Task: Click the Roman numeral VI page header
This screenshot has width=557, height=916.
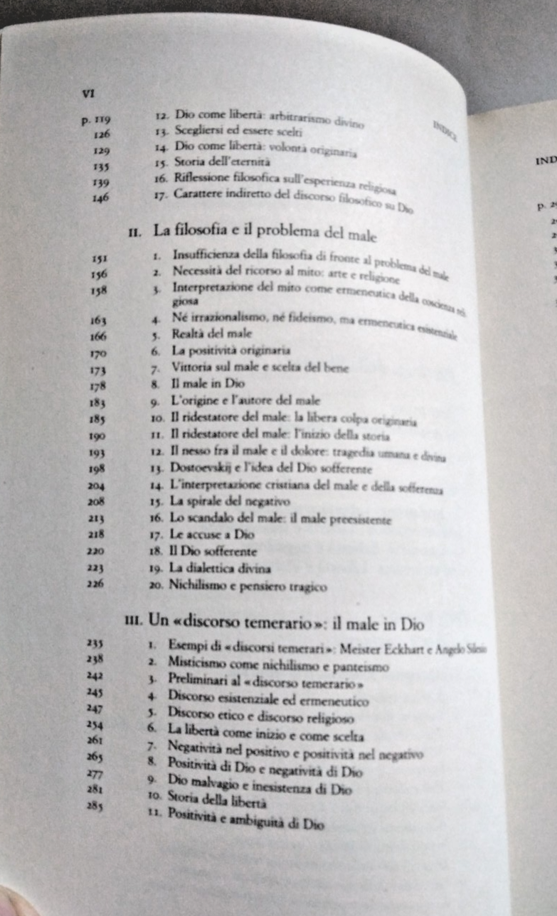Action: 89,92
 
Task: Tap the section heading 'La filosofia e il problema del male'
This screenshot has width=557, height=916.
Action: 265,230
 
